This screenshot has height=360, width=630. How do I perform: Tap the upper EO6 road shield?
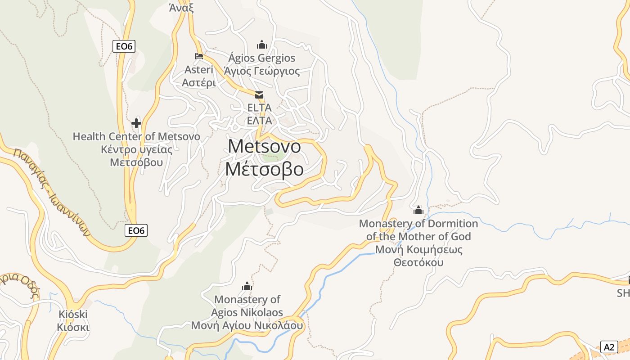(124, 46)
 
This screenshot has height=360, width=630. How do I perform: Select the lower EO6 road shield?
(136, 230)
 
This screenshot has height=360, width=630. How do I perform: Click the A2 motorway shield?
(609, 347)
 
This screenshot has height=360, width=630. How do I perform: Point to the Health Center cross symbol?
(136, 123)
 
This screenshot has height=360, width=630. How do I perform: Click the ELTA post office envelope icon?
(260, 95)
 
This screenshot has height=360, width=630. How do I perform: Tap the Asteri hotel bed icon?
(198, 56)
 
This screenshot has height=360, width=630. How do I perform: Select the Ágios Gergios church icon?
(261, 45)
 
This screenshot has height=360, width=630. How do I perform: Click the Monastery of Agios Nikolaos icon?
(247, 286)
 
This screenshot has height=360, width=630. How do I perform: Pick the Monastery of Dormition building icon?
(418, 210)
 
